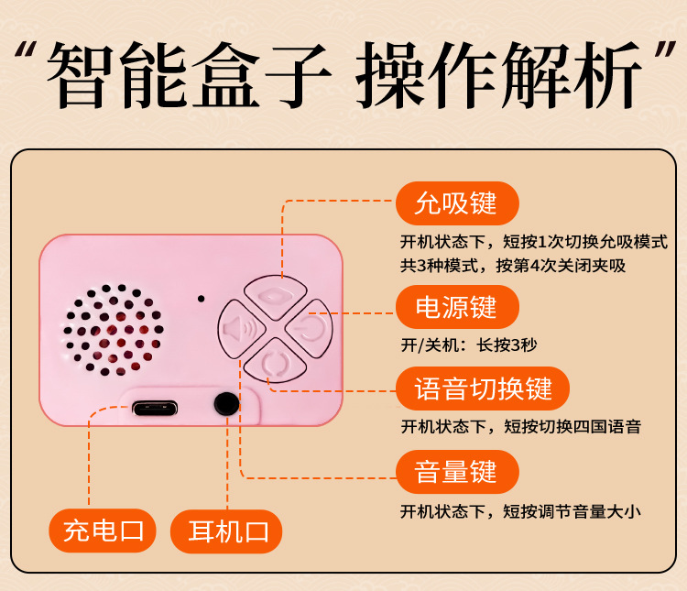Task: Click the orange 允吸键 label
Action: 457,203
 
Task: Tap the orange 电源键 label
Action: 457,307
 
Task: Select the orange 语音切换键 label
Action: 483,389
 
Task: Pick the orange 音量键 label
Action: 457,472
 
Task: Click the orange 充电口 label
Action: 103,531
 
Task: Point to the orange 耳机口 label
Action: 226,531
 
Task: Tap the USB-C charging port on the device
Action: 155,409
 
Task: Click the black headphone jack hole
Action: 226,404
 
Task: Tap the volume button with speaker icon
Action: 240,329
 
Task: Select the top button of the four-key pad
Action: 275,296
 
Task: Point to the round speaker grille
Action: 113,330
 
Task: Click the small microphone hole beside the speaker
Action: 202,299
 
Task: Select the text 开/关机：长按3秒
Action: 468,345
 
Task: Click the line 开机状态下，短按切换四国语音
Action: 521,427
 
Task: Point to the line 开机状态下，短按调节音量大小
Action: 520,511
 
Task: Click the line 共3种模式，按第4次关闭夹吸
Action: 513,265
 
